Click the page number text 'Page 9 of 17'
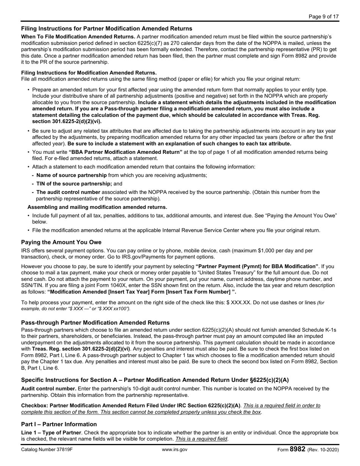coord(324,16)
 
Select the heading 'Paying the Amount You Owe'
coord(61,242)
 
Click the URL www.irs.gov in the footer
coord(174,450)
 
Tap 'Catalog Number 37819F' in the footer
coord(47,450)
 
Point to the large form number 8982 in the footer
coord(297,449)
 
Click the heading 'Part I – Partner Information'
coord(59,424)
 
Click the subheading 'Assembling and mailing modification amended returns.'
coord(97,207)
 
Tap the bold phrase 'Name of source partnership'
coord(71,175)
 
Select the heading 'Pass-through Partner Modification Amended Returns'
coord(95,322)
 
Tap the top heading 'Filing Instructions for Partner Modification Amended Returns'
coord(106,28)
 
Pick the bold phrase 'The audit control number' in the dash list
coord(68,192)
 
